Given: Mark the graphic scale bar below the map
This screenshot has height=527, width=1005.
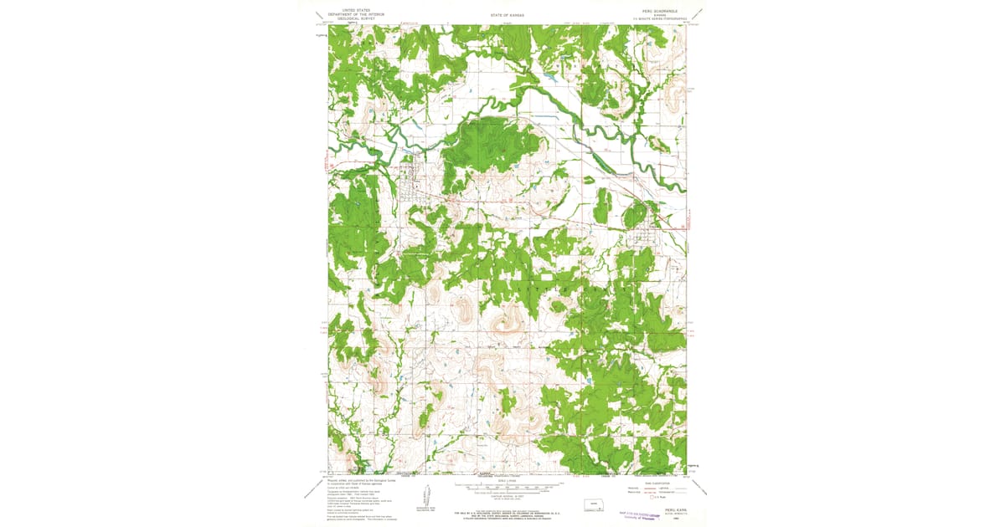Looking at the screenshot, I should click(508, 484).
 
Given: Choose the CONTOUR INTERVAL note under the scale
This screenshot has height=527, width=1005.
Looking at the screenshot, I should click(508, 494).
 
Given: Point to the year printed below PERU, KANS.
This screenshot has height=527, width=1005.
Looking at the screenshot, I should click(675, 520).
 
